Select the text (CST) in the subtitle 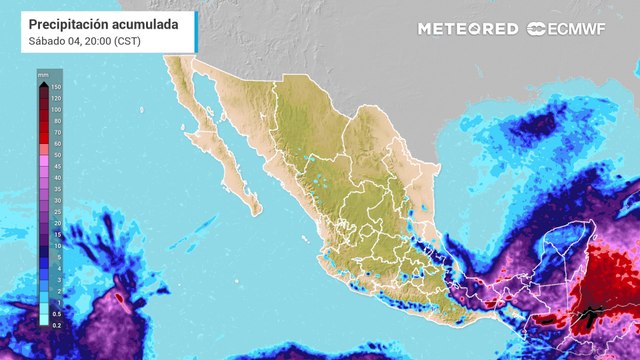coord(126,40)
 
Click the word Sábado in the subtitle coord(46,40)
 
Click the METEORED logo coord(468,29)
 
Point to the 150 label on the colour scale coord(57,88)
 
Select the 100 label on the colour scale coord(57,111)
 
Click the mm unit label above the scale coord(43,74)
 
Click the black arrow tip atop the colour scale coord(43,84)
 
